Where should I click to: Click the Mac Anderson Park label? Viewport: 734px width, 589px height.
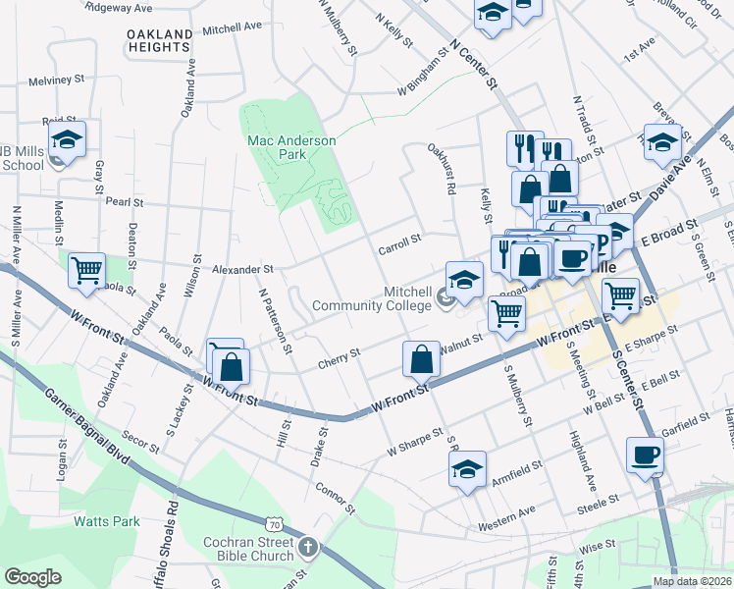[x=291, y=148]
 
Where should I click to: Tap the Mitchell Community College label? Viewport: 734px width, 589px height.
[x=372, y=298]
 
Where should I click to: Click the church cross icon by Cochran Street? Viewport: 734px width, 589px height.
[x=307, y=546]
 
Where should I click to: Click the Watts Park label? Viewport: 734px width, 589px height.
[x=106, y=522]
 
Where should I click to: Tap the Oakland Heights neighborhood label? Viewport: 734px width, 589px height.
[x=159, y=40]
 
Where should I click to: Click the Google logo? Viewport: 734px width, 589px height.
[x=32, y=577]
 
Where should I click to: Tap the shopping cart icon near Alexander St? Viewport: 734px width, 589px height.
[x=86, y=268]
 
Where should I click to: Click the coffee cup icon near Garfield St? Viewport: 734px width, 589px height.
[x=645, y=455]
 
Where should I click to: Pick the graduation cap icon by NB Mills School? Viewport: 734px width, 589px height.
[x=67, y=138]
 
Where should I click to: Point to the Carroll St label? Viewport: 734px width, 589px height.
[x=399, y=242]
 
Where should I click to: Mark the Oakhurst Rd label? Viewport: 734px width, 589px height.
[x=443, y=169]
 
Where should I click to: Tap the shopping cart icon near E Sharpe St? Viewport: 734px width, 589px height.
[x=620, y=294]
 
